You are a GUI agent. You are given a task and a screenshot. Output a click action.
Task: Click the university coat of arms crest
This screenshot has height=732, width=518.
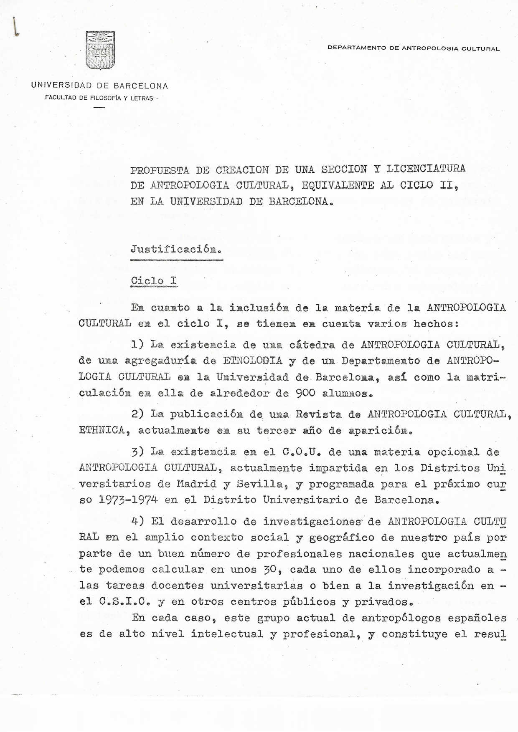click(x=100, y=50)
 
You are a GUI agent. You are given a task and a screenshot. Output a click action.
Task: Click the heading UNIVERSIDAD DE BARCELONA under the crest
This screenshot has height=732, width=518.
click(x=99, y=86)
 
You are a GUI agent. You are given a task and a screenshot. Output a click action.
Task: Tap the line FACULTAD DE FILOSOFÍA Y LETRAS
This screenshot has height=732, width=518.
click(x=99, y=98)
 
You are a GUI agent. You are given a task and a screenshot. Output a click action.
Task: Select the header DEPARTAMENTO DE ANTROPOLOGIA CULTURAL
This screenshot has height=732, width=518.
click(x=414, y=48)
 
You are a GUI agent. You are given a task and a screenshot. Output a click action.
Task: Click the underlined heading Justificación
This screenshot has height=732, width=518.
click(x=176, y=250)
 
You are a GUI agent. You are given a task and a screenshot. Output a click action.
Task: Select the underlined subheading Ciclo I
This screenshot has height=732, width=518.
click(x=154, y=280)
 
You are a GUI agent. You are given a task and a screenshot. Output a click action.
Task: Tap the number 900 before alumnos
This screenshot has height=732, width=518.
click(x=305, y=393)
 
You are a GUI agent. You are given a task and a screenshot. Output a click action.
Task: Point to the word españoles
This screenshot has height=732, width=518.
click(x=480, y=618)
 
